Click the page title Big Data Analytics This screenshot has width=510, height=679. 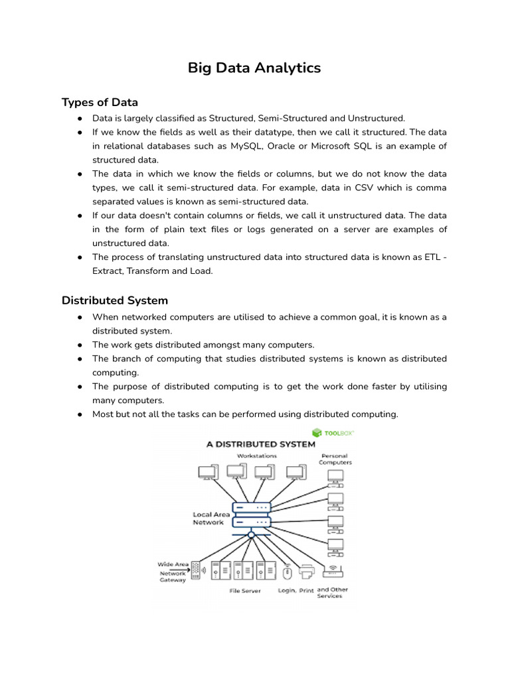coord(254,68)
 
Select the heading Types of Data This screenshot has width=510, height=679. coord(100,102)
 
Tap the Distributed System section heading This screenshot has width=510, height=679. coord(115,300)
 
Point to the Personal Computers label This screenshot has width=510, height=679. coord(336,460)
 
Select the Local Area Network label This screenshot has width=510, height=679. coord(211,518)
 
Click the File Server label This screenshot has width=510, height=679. coord(245,590)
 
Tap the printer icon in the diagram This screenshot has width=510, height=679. coord(306,570)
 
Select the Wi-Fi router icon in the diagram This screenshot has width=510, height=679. coord(332,570)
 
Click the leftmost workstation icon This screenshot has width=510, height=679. coord(207,472)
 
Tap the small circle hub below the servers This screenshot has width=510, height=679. coord(251,534)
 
